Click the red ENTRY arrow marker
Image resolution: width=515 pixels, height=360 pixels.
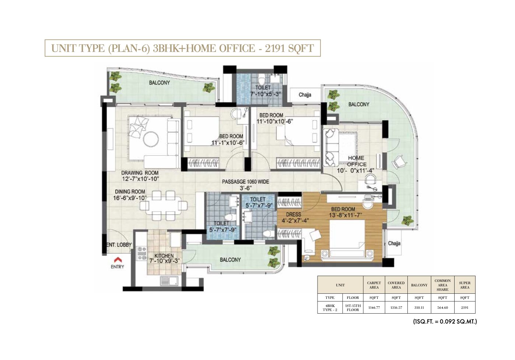(117, 259)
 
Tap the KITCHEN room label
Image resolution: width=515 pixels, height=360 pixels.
(164, 255)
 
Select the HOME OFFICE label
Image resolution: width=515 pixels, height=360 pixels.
(356, 161)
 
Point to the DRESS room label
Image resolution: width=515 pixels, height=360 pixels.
(293, 214)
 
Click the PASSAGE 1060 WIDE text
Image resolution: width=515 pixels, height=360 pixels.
(245, 181)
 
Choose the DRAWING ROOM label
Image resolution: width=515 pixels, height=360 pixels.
(140, 173)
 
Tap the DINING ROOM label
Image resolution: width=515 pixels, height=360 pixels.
(130, 191)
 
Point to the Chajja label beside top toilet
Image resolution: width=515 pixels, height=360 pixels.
(305, 95)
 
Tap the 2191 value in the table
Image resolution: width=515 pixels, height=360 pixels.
(465, 307)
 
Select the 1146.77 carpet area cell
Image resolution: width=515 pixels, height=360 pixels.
(374, 307)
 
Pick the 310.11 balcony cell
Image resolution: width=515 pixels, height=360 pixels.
(419, 307)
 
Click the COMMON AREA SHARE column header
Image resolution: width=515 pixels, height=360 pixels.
(442, 285)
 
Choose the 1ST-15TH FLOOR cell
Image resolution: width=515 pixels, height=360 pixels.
(353, 307)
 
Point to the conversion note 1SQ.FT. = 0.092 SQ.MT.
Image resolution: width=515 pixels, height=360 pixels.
(445, 321)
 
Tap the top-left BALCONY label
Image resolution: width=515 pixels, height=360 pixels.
(160, 83)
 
